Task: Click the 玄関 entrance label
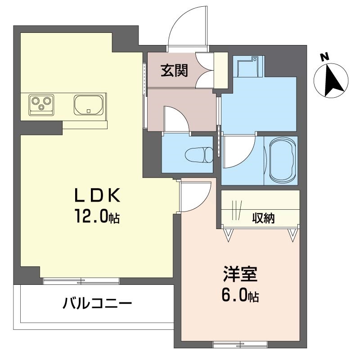click(x=174, y=70)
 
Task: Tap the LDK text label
click(x=97, y=195)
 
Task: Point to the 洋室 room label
click(x=240, y=274)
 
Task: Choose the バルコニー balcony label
click(x=97, y=303)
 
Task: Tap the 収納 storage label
click(x=263, y=218)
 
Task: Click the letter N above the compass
click(x=324, y=57)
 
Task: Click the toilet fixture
click(x=199, y=155)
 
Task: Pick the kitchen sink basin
click(x=89, y=105)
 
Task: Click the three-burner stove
click(x=41, y=105)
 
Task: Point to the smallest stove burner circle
click(x=41, y=107)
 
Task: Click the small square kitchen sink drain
click(x=89, y=111)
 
